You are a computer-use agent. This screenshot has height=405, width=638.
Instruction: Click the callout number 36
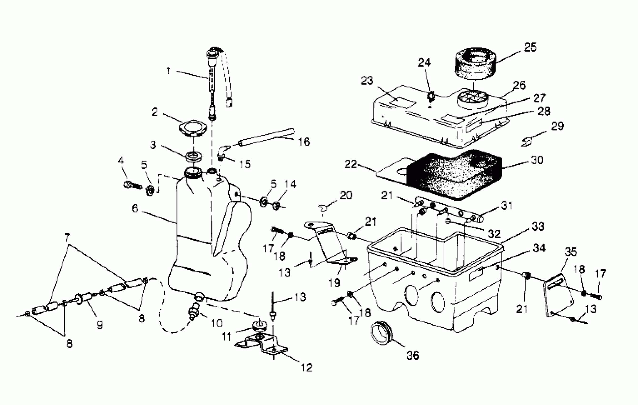click(x=413, y=355)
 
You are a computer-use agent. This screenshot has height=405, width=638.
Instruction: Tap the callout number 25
click(x=530, y=47)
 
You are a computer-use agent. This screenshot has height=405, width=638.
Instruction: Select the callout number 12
click(x=306, y=368)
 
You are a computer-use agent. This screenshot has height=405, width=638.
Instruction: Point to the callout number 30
click(x=537, y=160)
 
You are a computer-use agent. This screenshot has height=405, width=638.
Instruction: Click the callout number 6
click(x=135, y=209)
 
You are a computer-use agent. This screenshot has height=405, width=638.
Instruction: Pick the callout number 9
click(x=100, y=325)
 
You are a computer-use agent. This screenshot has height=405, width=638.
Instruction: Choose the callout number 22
click(x=351, y=164)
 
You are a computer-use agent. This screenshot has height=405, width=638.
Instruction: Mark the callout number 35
click(x=570, y=252)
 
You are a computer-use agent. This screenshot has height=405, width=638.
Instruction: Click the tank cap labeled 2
click(x=193, y=127)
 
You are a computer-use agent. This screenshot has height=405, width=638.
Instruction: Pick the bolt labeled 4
click(x=132, y=184)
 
